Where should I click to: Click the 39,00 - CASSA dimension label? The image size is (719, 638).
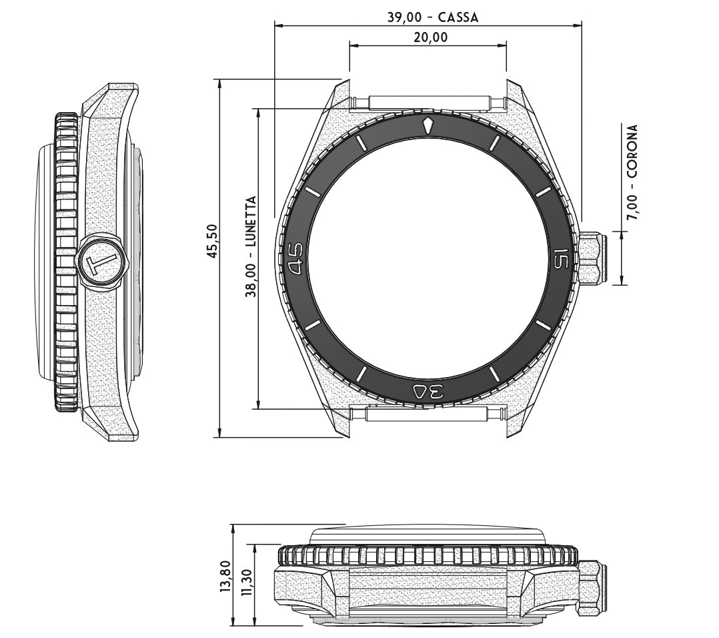pyautogui.click(x=433, y=17)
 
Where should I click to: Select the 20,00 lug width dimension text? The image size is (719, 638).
pyautogui.click(x=431, y=37)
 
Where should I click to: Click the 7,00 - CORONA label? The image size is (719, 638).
pyautogui.click(x=632, y=172)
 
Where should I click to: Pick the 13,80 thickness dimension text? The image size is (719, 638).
pyautogui.click(x=225, y=573)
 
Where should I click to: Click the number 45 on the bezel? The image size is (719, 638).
pyautogui.click(x=295, y=258)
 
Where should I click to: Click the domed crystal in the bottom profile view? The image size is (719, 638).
pyautogui.click(x=428, y=536)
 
